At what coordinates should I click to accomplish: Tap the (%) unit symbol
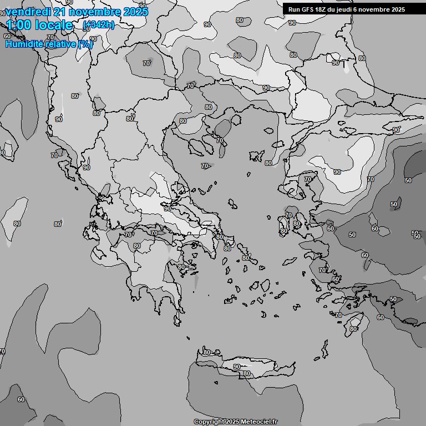[85, 44]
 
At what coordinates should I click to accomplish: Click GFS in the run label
[307, 9]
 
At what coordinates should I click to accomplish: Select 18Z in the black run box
[321, 9]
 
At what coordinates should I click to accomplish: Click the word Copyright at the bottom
[209, 422]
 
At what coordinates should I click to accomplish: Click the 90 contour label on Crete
[237, 367]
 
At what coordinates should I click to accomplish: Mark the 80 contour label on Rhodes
[353, 329]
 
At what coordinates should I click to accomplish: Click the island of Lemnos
[256, 155]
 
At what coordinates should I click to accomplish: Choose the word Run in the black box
[294, 9]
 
